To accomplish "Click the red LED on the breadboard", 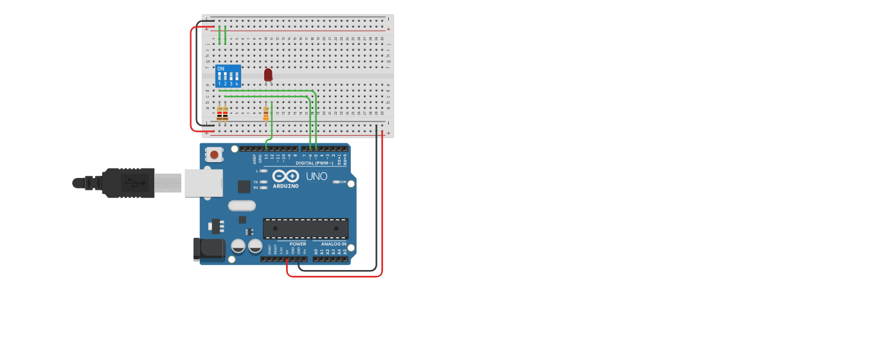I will coord(268,75).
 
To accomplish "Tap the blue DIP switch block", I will coord(228,76).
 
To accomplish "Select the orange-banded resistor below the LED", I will coord(265,114).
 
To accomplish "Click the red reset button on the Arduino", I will coord(213,154).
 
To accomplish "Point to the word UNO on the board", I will coord(317,176).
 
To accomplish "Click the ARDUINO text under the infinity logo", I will coord(285,186).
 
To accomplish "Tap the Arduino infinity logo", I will coord(285,176).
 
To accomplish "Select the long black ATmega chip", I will coord(306,228).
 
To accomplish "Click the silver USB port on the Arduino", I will coord(203,183).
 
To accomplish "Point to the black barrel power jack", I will coord(209,249).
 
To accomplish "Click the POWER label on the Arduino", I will coord(298,244).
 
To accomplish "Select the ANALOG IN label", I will coord(334,244).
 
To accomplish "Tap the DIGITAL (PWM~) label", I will coord(314,163).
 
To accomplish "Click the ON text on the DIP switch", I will coord(221,68).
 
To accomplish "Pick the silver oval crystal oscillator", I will coord(242,206).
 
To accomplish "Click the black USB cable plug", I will coord(129,183).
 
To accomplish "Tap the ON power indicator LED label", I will coord(343,182).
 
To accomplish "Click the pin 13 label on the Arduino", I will coord(266,157).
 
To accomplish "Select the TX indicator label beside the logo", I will coord(255,182).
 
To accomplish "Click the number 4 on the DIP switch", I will coord(237,84).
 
